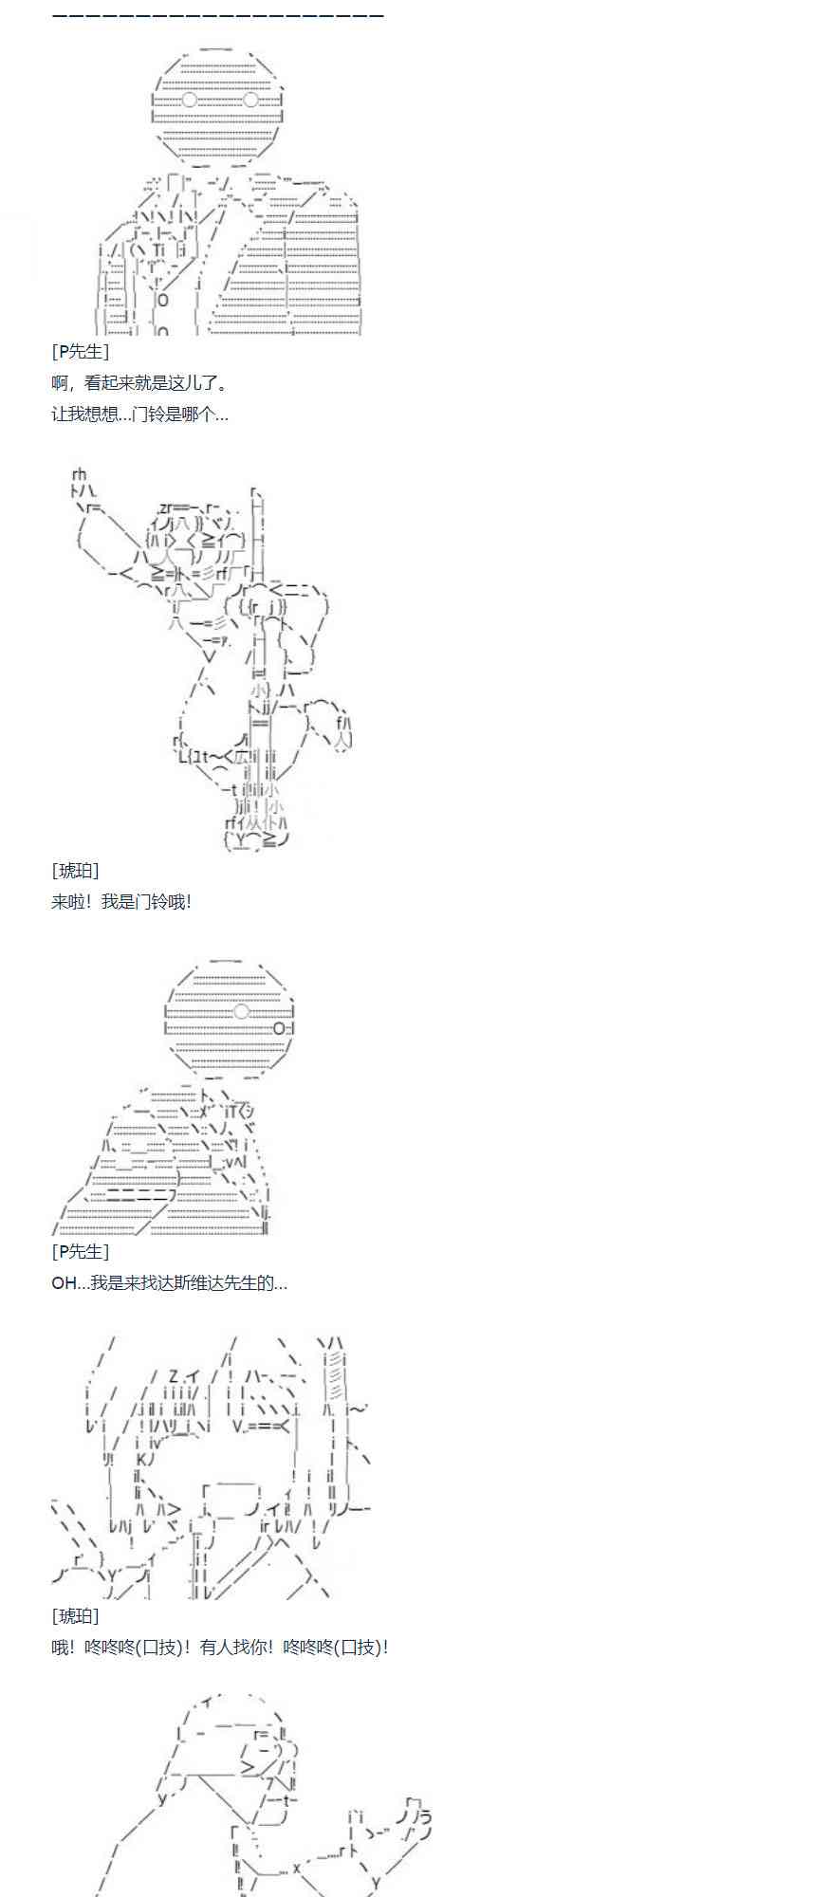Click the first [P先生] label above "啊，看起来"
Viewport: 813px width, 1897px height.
pyautogui.click(x=80, y=352)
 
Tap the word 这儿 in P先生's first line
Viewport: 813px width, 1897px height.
pyautogui.click(x=183, y=384)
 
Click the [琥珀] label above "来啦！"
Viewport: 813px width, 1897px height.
pyautogui.click(x=75, y=871)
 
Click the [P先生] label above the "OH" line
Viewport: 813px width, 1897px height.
pyautogui.click(x=80, y=1252)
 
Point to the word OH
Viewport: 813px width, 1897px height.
pyautogui.click(x=63, y=1283)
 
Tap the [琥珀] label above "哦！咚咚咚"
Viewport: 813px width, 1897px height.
pyautogui.click(x=75, y=1616)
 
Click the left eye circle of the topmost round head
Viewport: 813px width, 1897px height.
pyautogui.click(x=190, y=100)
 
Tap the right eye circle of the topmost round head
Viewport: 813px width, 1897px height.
pyautogui.click(x=251, y=100)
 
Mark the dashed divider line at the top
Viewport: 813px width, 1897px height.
pyautogui.click(x=217, y=16)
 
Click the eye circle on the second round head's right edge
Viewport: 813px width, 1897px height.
pyautogui.click(x=279, y=1028)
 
